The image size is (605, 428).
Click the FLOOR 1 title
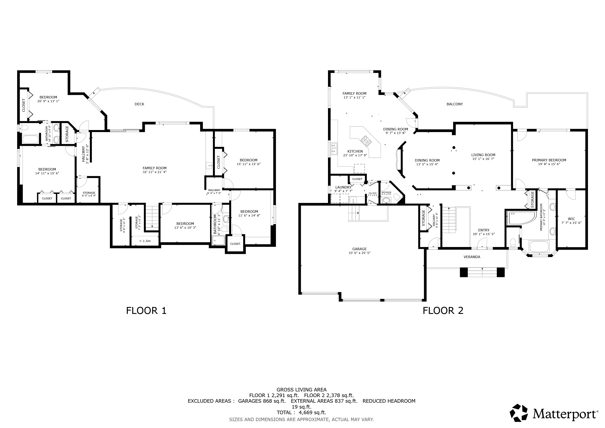[146, 311]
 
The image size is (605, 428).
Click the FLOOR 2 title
[443, 311]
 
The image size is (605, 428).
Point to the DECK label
[139, 104]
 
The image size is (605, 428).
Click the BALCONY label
[455, 104]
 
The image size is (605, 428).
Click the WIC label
[571, 219]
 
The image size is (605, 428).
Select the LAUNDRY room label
[343, 187]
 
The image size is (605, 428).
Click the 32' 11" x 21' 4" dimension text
[154, 172]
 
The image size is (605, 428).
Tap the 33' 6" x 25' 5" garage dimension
[359, 253]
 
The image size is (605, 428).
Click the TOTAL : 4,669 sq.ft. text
[301, 413]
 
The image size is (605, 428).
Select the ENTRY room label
[484, 230]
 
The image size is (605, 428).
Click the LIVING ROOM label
[483, 155]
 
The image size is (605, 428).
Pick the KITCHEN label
[355, 151]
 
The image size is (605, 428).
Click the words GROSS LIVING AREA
[301, 390]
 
